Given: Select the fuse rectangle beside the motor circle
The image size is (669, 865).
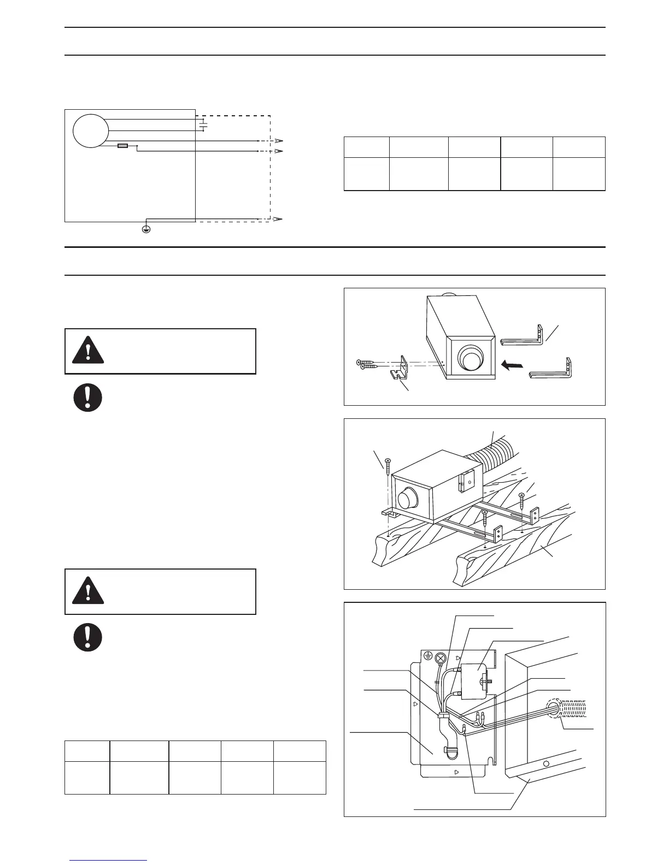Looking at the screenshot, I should click(124, 146).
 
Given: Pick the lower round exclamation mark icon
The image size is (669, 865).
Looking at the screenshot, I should click(88, 637).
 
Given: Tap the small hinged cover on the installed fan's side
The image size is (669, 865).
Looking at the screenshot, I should click(466, 481).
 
